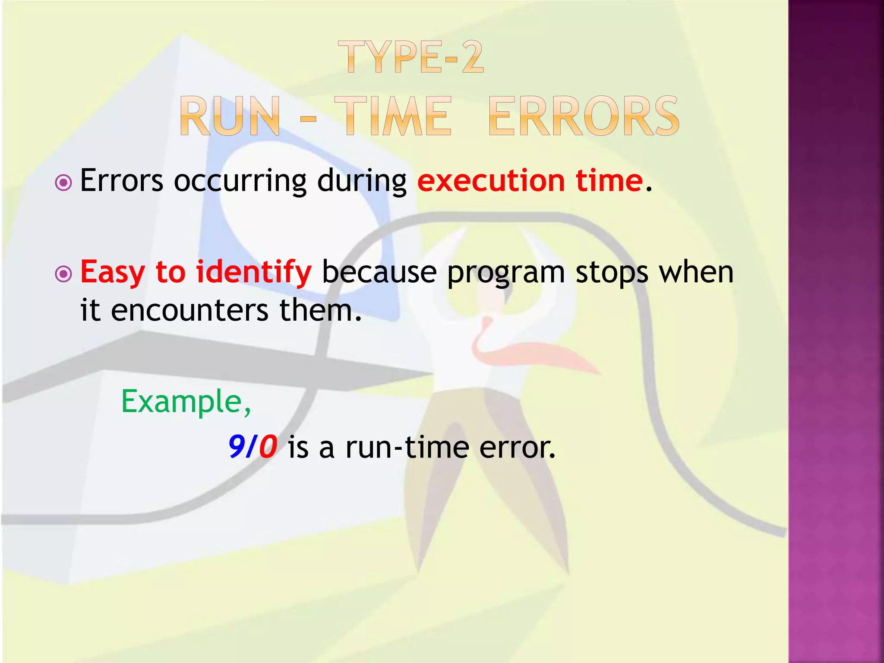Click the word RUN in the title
[230, 117]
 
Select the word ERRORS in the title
[584, 117]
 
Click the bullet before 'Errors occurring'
[64, 183]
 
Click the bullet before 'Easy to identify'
[64, 274]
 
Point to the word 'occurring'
[240, 181]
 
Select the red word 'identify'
[253, 273]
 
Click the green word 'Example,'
[186, 402]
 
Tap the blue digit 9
[237, 447]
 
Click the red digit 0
[268, 447]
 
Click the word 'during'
[362, 181]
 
